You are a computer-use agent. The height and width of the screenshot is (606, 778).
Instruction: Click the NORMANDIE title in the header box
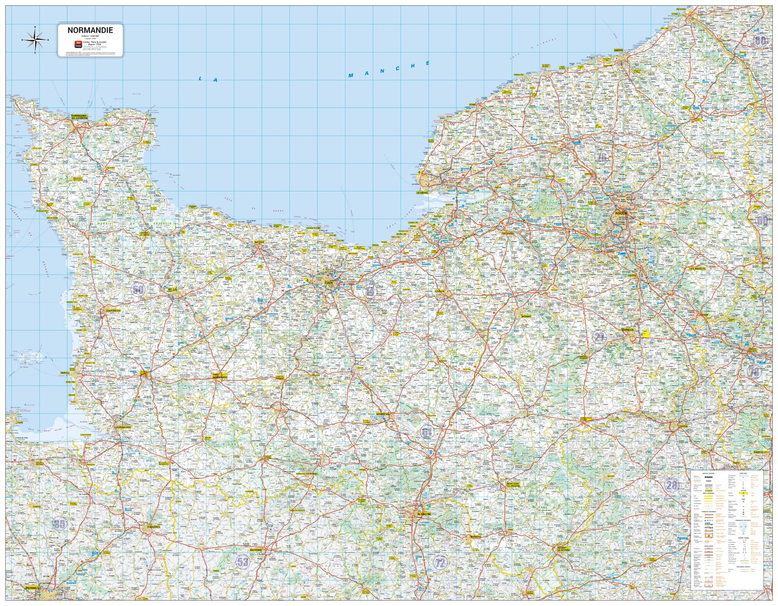(90, 31)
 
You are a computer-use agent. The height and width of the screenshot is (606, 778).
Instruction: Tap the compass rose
(34, 39)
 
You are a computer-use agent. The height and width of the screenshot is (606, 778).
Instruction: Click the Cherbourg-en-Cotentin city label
(79, 117)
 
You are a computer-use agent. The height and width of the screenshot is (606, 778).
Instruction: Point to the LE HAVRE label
(424, 192)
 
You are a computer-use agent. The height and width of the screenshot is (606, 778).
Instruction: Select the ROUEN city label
(621, 213)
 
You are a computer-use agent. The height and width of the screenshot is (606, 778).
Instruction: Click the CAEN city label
(328, 283)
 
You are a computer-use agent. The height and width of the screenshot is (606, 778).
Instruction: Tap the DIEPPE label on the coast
(618, 50)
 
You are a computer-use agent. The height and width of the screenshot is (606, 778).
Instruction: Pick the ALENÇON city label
(424, 514)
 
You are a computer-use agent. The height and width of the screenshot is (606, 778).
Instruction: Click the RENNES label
(32, 588)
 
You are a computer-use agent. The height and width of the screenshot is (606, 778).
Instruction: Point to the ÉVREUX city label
(628, 329)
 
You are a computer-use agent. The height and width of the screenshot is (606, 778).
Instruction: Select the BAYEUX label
(259, 242)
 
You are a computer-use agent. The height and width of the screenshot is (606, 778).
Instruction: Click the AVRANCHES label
(123, 427)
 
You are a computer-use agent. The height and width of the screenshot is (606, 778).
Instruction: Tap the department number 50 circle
(138, 289)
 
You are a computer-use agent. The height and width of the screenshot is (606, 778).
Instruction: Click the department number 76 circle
(602, 157)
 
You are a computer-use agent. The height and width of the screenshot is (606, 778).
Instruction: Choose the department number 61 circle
(427, 432)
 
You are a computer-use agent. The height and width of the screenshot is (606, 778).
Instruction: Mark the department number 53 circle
(242, 562)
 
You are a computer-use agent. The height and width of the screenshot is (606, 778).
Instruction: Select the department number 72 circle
(440, 563)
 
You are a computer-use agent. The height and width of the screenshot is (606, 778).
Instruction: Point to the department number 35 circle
(60, 524)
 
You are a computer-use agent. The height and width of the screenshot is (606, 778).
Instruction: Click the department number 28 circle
(672, 485)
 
